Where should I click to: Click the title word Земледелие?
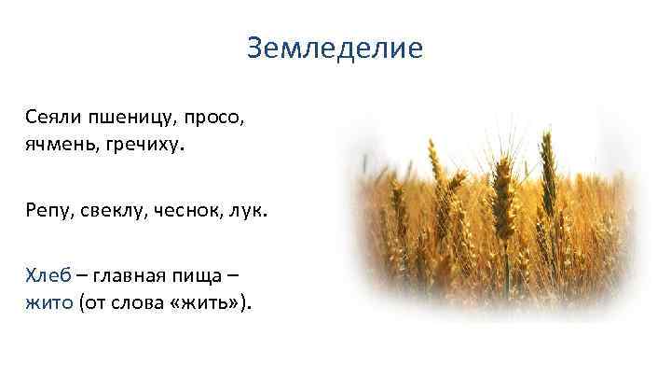[x=335, y=48]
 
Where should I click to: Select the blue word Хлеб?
[x=47, y=277]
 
